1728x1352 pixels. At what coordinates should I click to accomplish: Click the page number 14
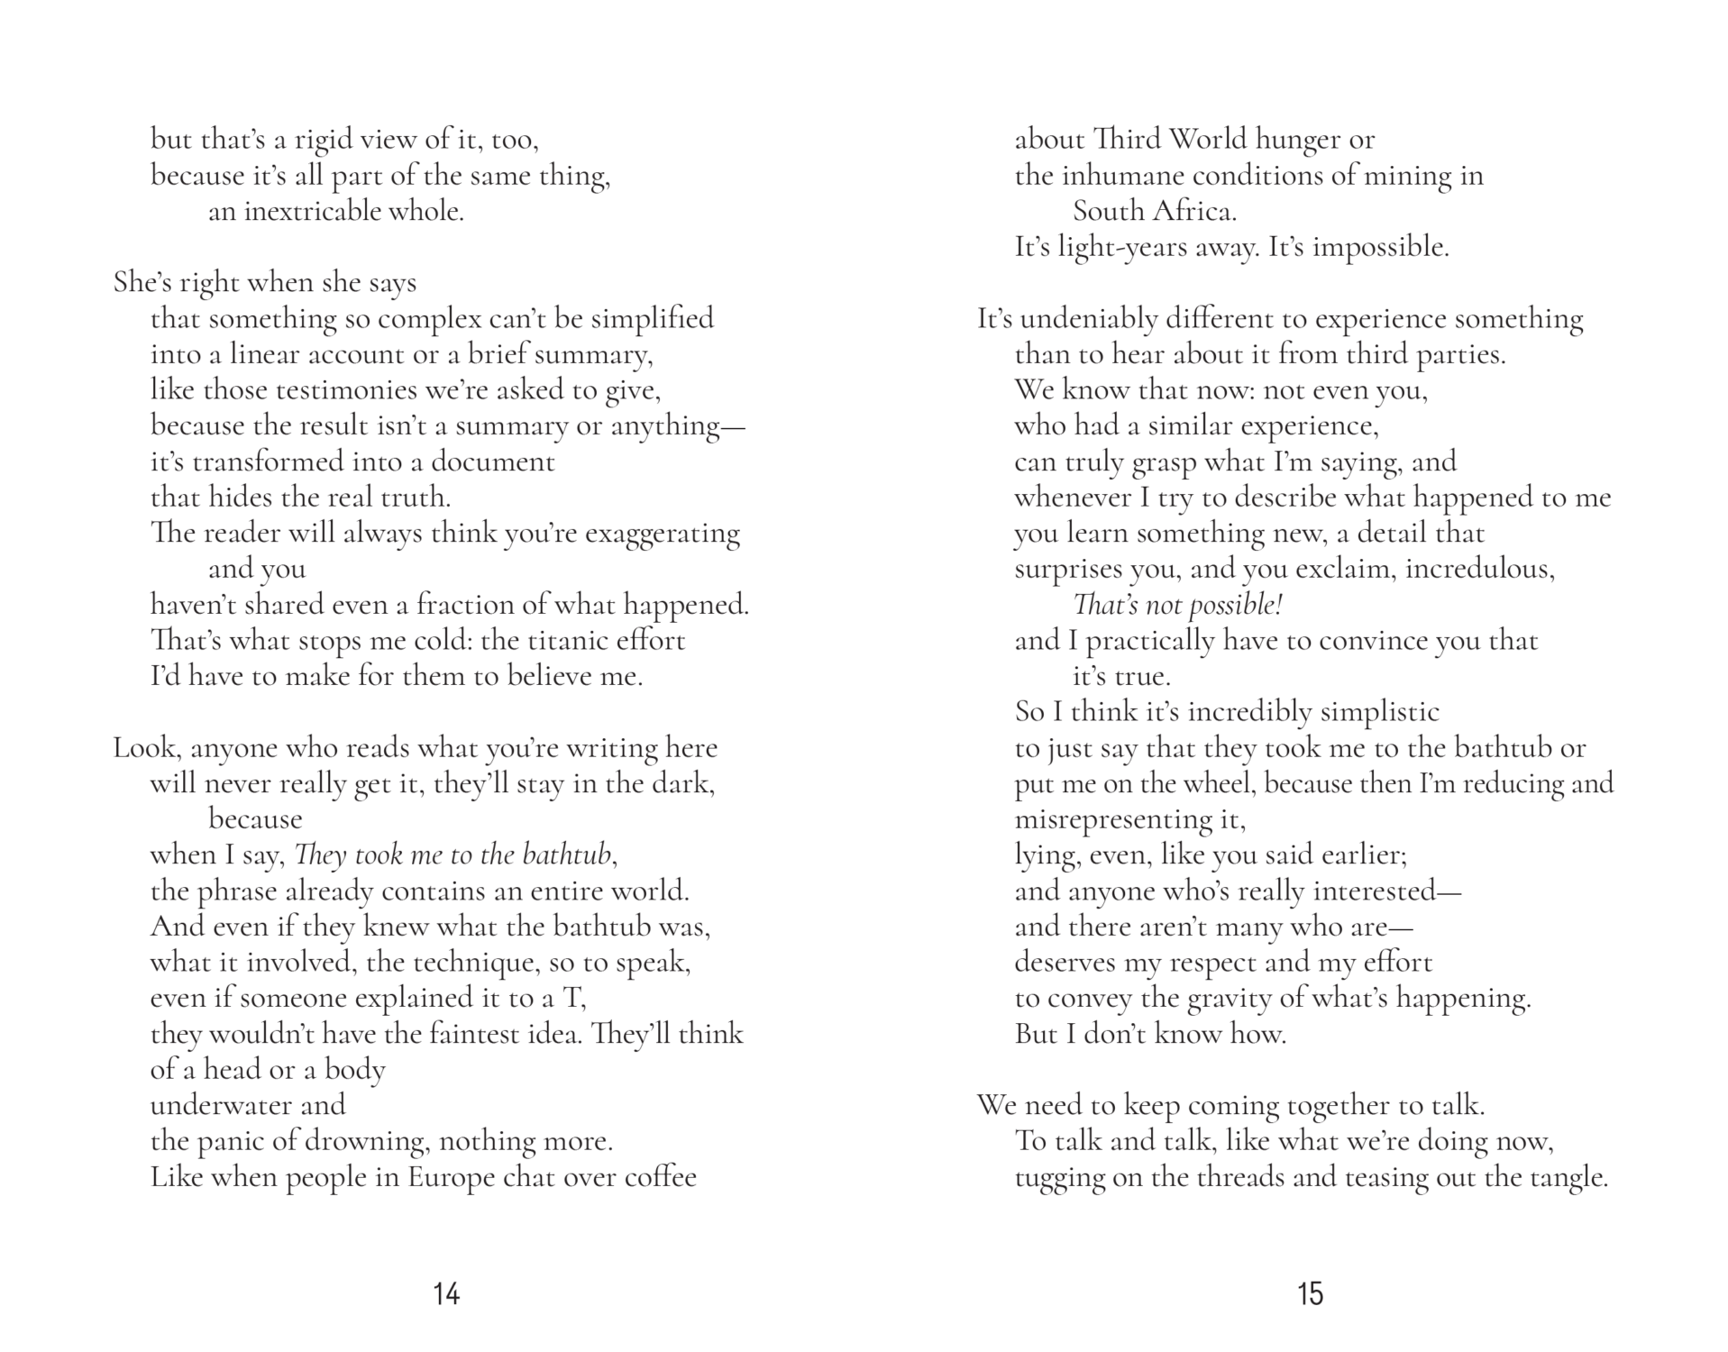click(446, 1294)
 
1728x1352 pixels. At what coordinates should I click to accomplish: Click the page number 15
click(1310, 1294)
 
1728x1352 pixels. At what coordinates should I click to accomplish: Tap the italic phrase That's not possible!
click(1177, 605)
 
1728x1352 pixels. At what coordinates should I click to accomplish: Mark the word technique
click(476, 963)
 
